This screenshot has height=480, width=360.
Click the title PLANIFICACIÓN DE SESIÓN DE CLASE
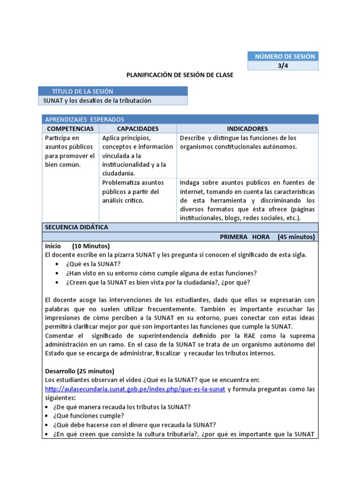(x=180, y=75)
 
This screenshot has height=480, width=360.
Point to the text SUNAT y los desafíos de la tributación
(x=97, y=100)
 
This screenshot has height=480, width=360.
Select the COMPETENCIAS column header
(x=70, y=128)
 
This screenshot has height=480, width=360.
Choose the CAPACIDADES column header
(x=138, y=128)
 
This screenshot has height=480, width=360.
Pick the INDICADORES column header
(x=247, y=128)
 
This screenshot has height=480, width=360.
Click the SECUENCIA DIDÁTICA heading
(x=76, y=227)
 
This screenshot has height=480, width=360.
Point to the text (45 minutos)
(x=296, y=237)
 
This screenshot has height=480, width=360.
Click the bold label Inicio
(x=53, y=246)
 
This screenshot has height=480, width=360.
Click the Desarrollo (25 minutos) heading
(x=80, y=371)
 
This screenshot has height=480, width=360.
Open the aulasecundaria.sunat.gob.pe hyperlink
(x=135, y=389)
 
